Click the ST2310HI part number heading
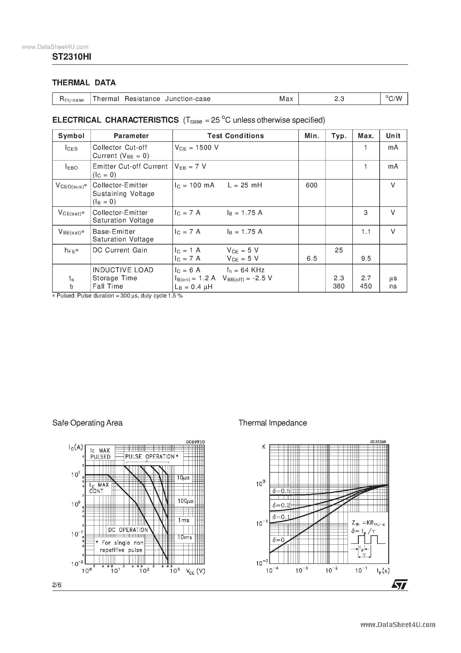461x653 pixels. [72, 57]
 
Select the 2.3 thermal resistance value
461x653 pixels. [339, 99]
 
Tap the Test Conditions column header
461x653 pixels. [235, 136]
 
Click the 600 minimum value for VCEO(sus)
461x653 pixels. [311, 185]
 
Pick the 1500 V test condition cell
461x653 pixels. [197, 148]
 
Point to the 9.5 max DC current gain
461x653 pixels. [366, 259]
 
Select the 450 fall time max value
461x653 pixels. [366, 286]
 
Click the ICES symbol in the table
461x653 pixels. [71, 148]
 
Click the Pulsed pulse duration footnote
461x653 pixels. [117, 296]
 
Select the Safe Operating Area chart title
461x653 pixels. [87, 423]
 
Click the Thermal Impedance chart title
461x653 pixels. [273, 423]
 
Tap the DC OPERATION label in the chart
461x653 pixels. [128, 530]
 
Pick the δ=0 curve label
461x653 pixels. [278, 540]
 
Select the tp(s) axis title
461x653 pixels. [383, 571]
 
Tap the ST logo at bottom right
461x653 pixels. [400, 584]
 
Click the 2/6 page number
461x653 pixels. [57, 585]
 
